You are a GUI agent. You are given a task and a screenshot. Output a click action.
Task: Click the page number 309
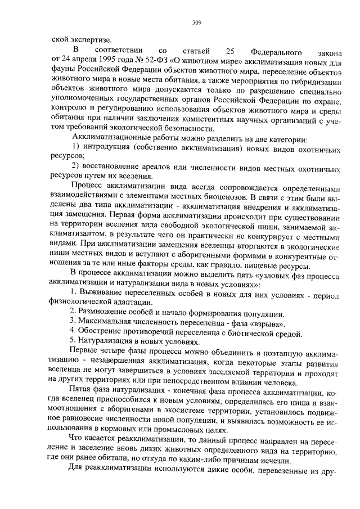click(x=196, y=22)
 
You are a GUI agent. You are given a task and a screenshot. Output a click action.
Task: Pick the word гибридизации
click(x=313, y=82)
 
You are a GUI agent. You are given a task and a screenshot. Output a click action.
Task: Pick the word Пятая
click(x=81, y=390)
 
